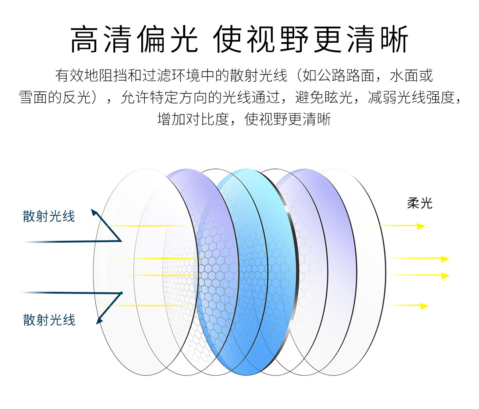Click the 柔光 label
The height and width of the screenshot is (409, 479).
[x=420, y=203]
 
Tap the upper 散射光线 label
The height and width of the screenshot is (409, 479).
[x=49, y=216]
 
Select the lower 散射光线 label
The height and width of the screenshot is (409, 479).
[x=49, y=320]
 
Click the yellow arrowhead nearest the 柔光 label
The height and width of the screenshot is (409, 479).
[x=421, y=226]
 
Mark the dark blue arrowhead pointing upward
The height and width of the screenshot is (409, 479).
[x=94, y=212]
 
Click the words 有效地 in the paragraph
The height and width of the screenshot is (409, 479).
[x=70, y=75]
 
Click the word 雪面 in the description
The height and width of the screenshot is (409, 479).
[x=34, y=97]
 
